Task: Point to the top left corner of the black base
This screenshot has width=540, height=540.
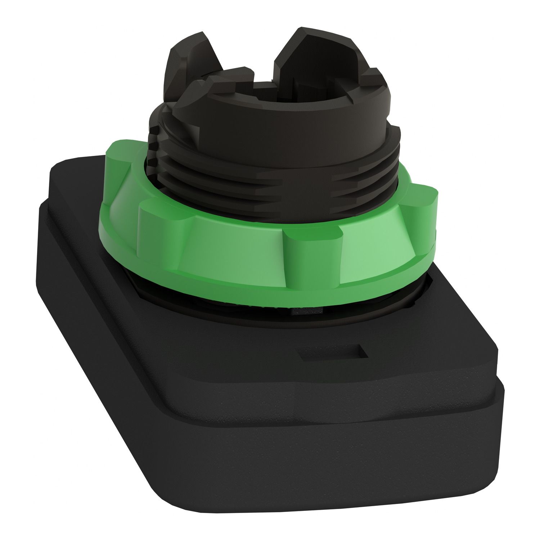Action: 58,169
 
